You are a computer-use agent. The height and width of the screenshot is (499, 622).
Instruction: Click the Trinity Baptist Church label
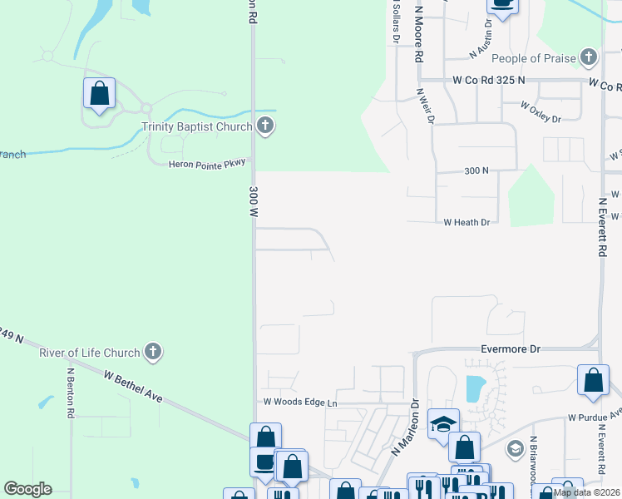(x=196, y=126)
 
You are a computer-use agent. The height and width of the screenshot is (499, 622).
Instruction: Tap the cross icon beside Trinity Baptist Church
(x=265, y=126)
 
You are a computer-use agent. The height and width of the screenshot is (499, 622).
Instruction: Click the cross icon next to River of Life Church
(x=152, y=352)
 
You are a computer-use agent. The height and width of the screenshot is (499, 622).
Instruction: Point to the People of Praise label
(x=532, y=58)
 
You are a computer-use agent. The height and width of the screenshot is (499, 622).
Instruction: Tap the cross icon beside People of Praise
(x=589, y=57)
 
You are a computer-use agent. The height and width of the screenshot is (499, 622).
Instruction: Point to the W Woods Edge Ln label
(x=300, y=403)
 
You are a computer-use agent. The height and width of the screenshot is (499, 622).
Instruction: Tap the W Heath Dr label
(x=466, y=222)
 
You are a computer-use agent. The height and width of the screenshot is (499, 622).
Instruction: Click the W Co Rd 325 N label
(x=489, y=80)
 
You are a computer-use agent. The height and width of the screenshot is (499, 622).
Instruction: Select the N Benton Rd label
(x=72, y=391)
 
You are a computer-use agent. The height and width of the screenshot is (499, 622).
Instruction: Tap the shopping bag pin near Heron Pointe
(x=99, y=93)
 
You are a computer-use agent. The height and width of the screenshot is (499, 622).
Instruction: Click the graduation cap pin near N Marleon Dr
(x=443, y=422)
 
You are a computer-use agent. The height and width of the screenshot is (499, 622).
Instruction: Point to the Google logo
(x=27, y=489)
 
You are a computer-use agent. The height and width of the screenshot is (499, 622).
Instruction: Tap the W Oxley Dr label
(x=541, y=113)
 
